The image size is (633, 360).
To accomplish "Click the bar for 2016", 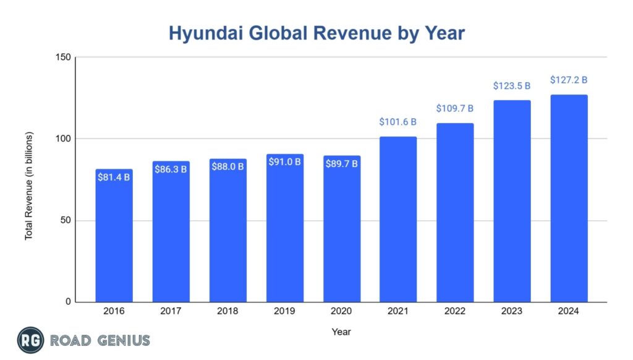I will pyautogui.click(x=114, y=241).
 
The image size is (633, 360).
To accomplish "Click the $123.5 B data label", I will pyautogui.click(x=512, y=86).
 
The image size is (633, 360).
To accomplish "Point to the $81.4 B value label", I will pyautogui.click(x=114, y=178).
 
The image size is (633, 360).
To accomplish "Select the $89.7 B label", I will pyautogui.click(x=341, y=164).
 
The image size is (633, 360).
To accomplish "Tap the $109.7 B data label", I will pyautogui.click(x=455, y=108).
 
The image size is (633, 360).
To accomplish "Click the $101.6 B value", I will pyautogui.click(x=398, y=122).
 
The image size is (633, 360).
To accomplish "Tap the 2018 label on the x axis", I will pyautogui.click(x=227, y=311).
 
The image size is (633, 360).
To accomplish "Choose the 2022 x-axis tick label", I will pyautogui.click(x=455, y=311).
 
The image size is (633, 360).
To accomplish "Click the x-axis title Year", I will pyautogui.click(x=341, y=332).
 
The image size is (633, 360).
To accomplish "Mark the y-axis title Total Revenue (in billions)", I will pyautogui.click(x=29, y=186).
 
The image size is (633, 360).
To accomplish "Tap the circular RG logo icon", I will pyautogui.click(x=30, y=340).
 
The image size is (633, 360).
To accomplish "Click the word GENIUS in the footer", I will pyautogui.click(x=123, y=340).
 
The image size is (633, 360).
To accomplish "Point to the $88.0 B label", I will pyautogui.click(x=227, y=167).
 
